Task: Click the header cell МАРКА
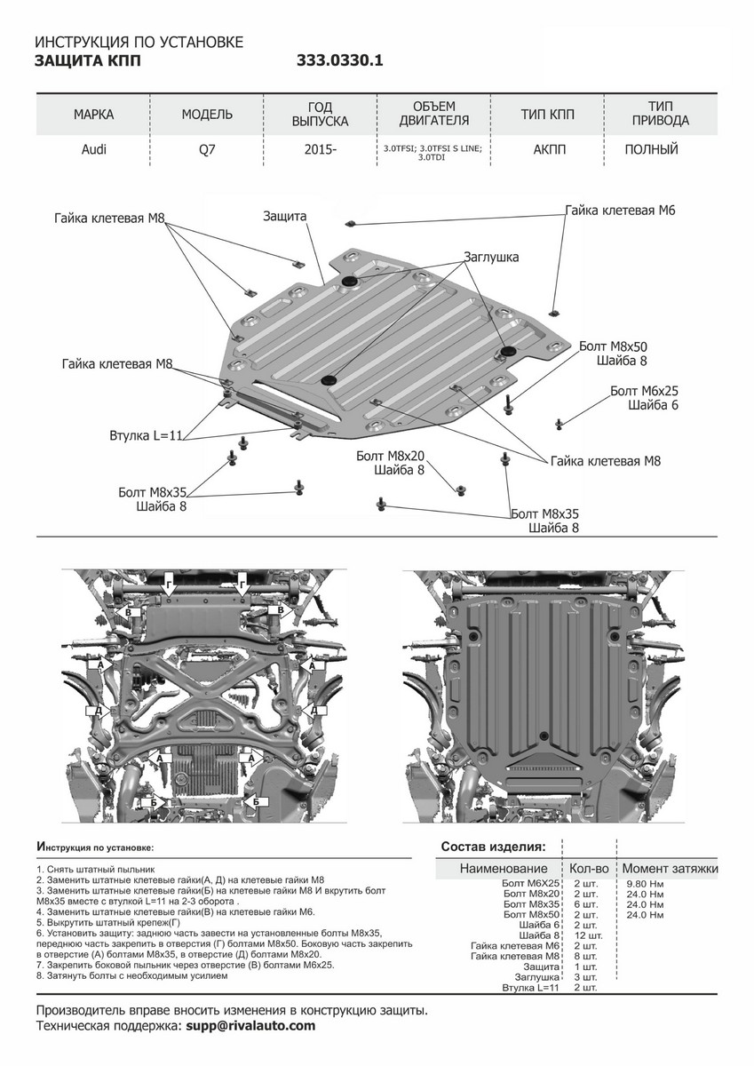pyautogui.click(x=93, y=115)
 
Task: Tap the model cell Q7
pyautogui.click(x=206, y=149)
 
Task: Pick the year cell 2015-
pyautogui.click(x=320, y=149)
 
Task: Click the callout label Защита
pyautogui.click(x=285, y=216)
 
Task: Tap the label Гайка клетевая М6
pyautogui.click(x=620, y=211)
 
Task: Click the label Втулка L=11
pyautogui.click(x=146, y=436)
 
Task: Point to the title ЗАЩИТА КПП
pyautogui.click(x=86, y=61)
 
